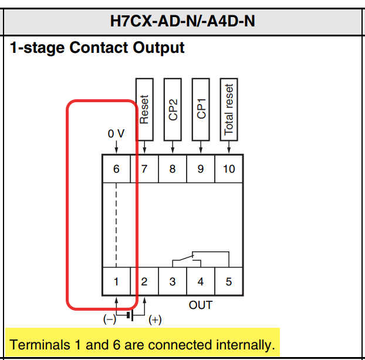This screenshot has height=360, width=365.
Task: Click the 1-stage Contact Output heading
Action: [x=97, y=48]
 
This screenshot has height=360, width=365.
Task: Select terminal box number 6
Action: [x=116, y=169]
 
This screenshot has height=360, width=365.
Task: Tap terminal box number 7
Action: [x=144, y=169]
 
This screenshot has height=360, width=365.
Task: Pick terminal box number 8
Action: [x=173, y=169]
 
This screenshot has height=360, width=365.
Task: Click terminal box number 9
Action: [x=201, y=169]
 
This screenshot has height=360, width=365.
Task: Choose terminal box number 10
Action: [x=229, y=169]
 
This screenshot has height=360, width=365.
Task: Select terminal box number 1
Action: [x=116, y=282]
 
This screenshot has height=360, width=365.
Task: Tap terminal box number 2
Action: [x=144, y=282]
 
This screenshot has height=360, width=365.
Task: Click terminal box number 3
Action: [x=173, y=282]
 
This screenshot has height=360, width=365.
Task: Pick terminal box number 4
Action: [x=201, y=282]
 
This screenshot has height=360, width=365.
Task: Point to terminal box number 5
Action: [x=229, y=282]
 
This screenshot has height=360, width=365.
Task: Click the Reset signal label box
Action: [x=144, y=109]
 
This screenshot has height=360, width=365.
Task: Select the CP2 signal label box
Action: [x=173, y=109]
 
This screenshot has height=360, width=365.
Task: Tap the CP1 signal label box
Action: [x=201, y=109]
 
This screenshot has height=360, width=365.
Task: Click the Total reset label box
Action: [x=229, y=109]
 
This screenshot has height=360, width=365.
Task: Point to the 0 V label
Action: [x=116, y=134]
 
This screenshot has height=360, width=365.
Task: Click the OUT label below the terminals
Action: [x=201, y=305]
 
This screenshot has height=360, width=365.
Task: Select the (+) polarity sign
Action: [x=155, y=320]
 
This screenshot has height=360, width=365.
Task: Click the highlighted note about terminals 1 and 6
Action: [x=143, y=344]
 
